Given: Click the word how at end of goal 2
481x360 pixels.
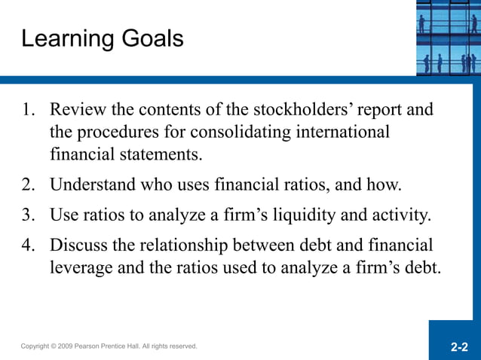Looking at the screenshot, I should coord(385,185).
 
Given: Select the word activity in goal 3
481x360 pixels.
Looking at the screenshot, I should coord(399,215).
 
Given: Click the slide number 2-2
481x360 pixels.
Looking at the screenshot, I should coord(459,348).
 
